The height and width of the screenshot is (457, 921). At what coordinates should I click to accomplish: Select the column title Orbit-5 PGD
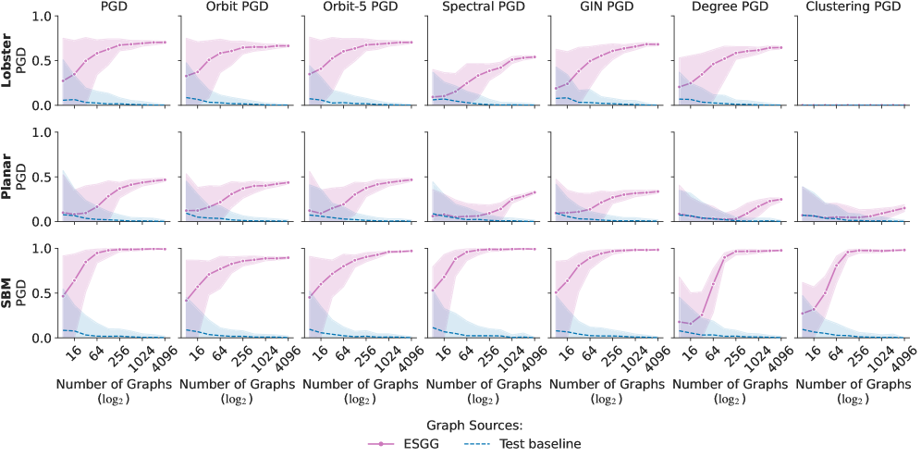358,7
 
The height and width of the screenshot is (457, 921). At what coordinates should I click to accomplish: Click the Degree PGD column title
729,7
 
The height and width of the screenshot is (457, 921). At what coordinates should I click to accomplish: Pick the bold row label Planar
7,179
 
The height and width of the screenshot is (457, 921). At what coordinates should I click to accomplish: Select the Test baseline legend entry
540,443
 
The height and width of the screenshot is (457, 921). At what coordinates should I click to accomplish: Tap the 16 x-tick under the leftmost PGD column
71,352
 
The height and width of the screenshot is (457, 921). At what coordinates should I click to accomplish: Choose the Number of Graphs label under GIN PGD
605,383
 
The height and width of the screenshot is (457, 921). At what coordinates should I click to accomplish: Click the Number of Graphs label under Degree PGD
729,383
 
